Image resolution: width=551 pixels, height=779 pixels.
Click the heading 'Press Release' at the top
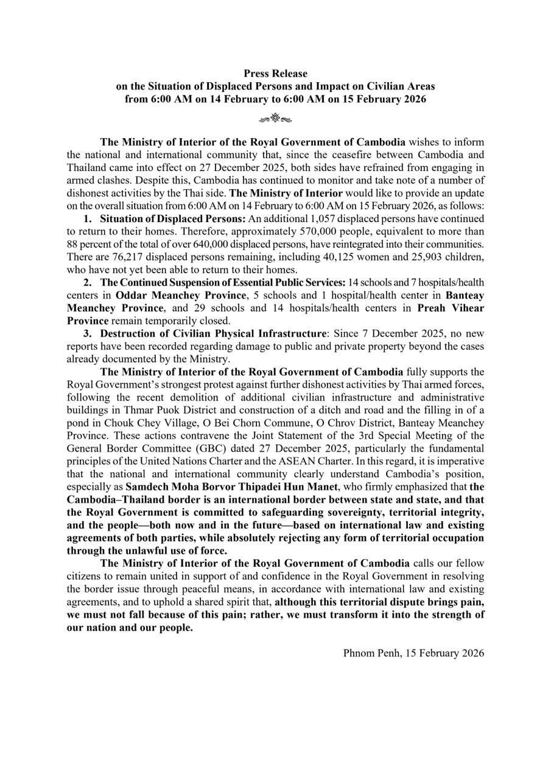click(275, 74)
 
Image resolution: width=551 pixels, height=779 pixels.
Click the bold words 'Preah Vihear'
click(451, 308)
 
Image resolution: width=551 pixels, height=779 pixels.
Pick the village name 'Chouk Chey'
click(130, 422)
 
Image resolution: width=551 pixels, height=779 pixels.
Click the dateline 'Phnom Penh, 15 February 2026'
click(413, 653)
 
